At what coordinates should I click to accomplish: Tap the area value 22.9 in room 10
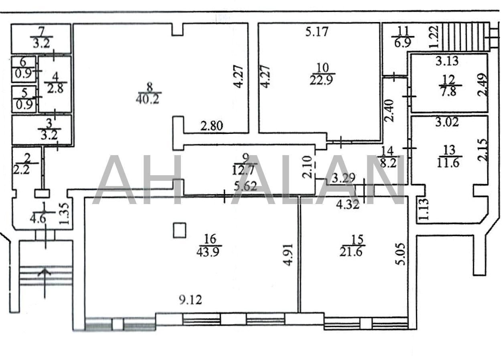tap(321, 80)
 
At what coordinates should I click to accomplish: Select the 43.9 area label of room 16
tap(208, 252)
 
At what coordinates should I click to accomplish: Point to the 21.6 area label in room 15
tap(351, 252)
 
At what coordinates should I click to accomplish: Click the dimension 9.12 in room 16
tap(190, 300)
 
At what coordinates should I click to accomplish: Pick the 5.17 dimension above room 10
tap(317, 31)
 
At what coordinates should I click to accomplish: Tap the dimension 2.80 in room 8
tap(212, 125)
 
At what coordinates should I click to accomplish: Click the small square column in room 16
tap(180, 230)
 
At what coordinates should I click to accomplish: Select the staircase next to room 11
tap(465, 37)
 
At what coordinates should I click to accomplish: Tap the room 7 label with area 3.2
tap(41, 37)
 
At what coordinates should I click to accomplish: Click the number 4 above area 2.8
tap(55, 77)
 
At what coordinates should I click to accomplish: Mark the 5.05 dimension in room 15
tap(402, 254)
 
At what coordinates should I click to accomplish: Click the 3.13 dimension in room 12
tap(447, 61)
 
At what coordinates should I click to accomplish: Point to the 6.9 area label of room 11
tap(403, 42)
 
